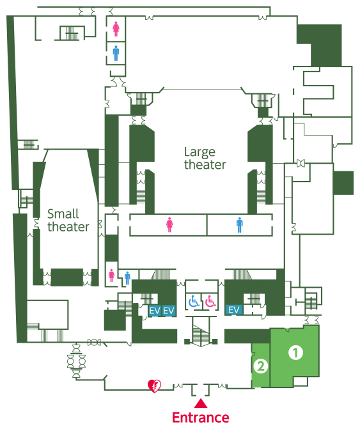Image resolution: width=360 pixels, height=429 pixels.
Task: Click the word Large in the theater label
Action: tap(200, 153)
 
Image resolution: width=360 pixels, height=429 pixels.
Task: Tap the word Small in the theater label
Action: tap(63, 214)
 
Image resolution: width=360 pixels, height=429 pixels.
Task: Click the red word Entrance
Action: tap(201, 417)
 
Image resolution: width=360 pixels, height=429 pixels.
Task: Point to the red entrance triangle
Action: tap(201, 403)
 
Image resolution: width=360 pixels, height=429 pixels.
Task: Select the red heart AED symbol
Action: tap(154, 386)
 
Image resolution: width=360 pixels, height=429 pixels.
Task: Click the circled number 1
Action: tap(295, 353)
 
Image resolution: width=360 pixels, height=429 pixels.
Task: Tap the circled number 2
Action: tap(260, 366)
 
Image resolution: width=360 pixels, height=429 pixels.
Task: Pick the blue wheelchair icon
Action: tap(194, 301)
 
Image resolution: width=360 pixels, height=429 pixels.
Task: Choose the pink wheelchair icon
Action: tap(210, 301)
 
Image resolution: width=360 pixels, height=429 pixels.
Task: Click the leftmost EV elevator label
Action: tap(155, 311)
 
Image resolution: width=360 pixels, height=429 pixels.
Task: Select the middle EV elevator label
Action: tap(168, 311)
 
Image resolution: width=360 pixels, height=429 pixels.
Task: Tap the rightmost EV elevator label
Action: tap(233, 310)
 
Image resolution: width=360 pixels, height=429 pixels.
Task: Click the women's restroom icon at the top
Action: tap(116, 29)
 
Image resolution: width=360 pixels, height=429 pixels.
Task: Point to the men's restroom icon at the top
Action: tap(116, 53)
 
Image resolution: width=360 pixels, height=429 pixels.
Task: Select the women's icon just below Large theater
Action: tap(169, 225)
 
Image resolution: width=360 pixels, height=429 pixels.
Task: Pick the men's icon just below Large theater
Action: tap(240, 225)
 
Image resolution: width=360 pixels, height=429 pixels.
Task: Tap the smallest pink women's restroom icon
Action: tap(111, 276)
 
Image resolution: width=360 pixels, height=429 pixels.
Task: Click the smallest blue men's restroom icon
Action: tap(127, 278)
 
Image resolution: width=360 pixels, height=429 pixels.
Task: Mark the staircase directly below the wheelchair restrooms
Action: tap(201, 332)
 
